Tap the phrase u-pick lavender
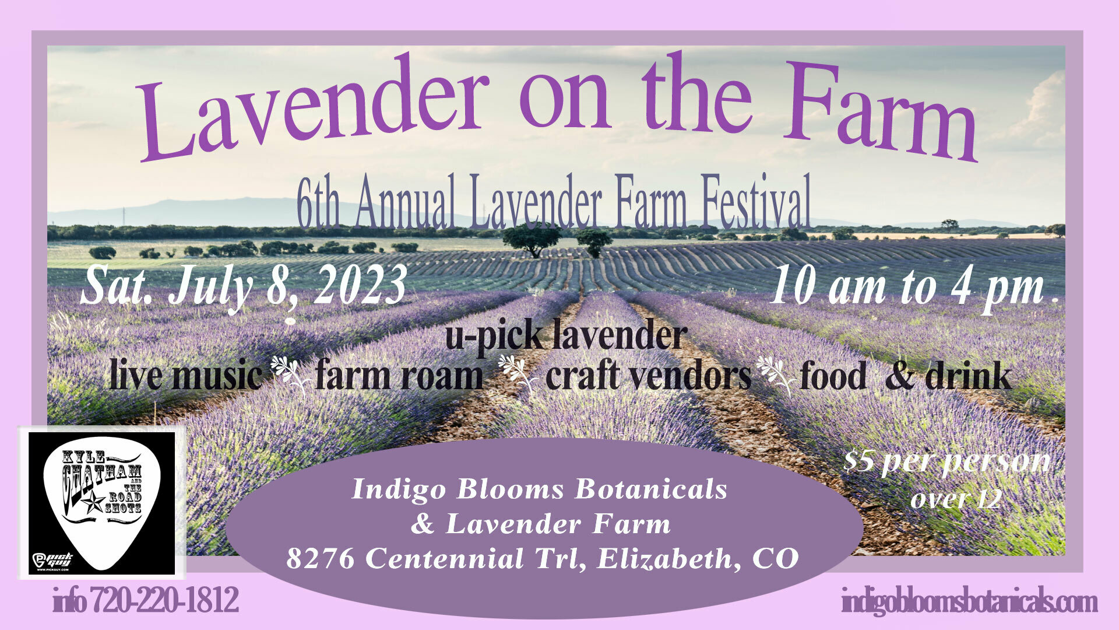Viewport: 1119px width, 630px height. [x=566, y=337]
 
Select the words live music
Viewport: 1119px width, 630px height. [x=186, y=376]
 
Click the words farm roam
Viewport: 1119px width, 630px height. [x=399, y=376]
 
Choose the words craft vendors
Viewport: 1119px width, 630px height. [x=649, y=376]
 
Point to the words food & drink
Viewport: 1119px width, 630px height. [x=906, y=376]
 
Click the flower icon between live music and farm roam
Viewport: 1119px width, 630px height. [x=289, y=375]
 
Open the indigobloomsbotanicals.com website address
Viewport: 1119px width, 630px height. [x=969, y=601]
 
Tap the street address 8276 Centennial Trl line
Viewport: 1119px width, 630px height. [x=543, y=559]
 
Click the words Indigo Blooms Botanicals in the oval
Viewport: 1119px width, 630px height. [x=540, y=489]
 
